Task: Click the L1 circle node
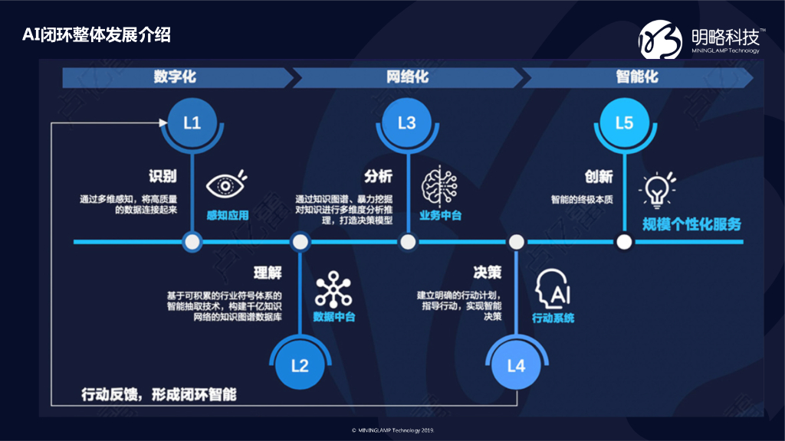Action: (x=192, y=122)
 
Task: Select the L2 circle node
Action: (x=300, y=365)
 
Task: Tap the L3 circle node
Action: (x=407, y=122)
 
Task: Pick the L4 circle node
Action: (x=516, y=365)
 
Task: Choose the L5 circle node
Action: (x=624, y=122)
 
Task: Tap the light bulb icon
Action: (x=657, y=189)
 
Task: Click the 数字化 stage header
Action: (x=175, y=77)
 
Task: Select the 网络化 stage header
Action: (x=407, y=77)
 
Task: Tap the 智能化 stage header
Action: (x=637, y=77)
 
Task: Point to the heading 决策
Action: (x=488, y=273)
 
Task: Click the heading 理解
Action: (x=268, y=273)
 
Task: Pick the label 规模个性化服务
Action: (x=692, y=224)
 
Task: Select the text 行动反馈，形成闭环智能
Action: (x=159, y=394)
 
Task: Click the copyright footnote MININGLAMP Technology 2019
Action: (x=392, y=430)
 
